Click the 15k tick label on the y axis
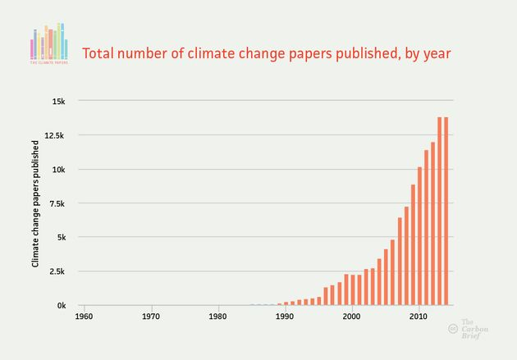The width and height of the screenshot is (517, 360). click(60, 102)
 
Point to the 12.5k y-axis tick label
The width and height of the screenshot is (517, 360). click(55, 135)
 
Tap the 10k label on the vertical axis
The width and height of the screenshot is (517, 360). click(60, 170)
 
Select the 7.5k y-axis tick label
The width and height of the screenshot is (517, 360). click(57, 203)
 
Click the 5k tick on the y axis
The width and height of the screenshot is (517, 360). click(62, 238)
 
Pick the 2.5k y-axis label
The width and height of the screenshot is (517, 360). click(57, 271)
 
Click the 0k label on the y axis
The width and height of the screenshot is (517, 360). click(62, 305)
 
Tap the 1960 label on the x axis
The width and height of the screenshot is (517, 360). click(84, 316)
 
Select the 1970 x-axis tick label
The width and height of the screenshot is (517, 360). click(151, 316)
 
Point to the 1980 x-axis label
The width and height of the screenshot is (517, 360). click(217, 316)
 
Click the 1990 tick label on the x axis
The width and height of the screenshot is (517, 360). click(285, 316)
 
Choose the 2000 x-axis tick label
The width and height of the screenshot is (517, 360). click(351, 316)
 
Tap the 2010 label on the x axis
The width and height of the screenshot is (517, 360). click(419, 316)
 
